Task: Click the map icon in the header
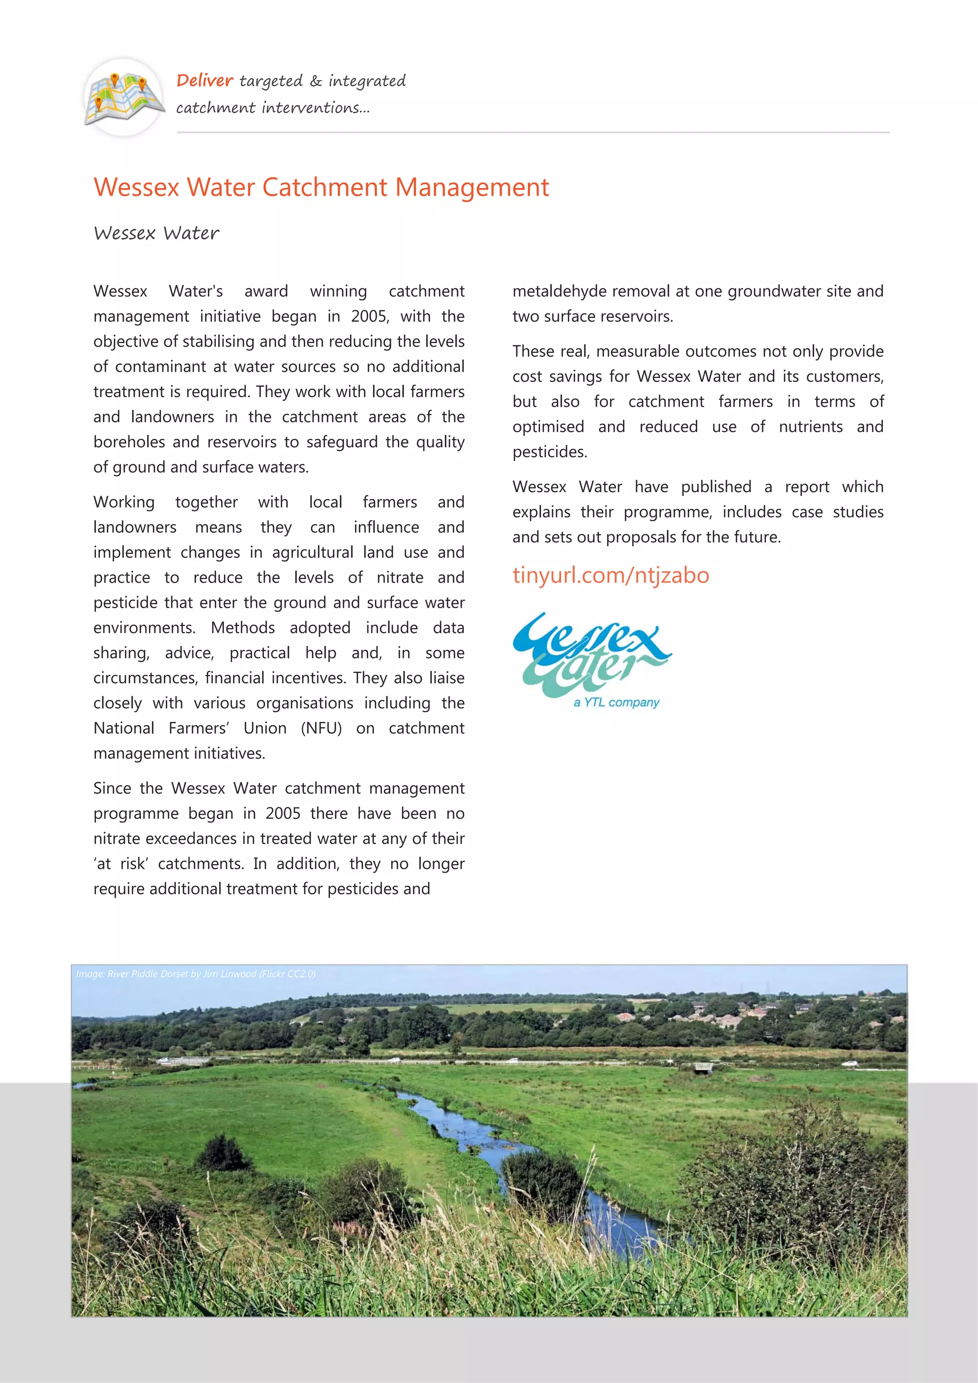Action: click(x=124, y=97)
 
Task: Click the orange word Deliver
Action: click(x=204, y=80)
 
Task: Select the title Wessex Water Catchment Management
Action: click(x=321, y=187)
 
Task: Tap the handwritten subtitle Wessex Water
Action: click(x=156, y=233)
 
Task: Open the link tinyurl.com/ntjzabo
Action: click(x=610, y=575)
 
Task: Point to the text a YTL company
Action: click(x=616, y=702)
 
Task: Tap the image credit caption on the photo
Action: click(x=196, y=974)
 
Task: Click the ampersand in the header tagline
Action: click(x=316, y=81)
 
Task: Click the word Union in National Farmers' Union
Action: click(x=265, y=728)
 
